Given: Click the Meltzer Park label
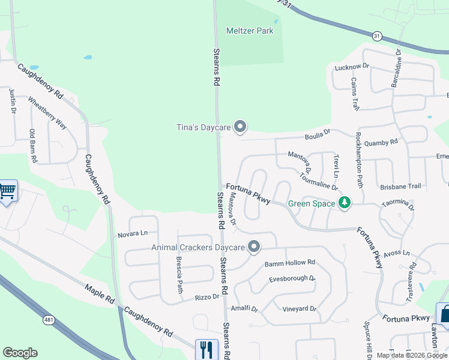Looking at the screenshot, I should click(x=250, y=31).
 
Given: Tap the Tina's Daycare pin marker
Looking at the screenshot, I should click(x=240, y=126).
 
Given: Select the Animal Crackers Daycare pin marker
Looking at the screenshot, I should click(x=254, y=247).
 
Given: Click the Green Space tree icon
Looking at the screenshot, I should click(x=345, y=203).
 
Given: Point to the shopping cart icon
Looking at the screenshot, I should click(x=7, y=191).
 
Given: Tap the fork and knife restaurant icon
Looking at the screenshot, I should click(x=206, y=349).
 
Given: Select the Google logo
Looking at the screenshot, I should click(x=20, y=353).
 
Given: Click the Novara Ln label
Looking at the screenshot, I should click(x=133, y=233).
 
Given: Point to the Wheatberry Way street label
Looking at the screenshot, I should click(x=47, y=113).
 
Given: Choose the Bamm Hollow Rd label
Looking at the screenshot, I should click(x=290, y=263).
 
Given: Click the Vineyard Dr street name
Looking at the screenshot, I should click(x=299, y=308).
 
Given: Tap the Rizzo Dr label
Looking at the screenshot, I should click(x=208, y=296).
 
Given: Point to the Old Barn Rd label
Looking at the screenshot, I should click(x=34, y=146).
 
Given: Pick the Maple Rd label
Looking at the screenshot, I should click(x=99, y=300).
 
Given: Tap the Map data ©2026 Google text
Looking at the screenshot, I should click(x=411, y=355).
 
